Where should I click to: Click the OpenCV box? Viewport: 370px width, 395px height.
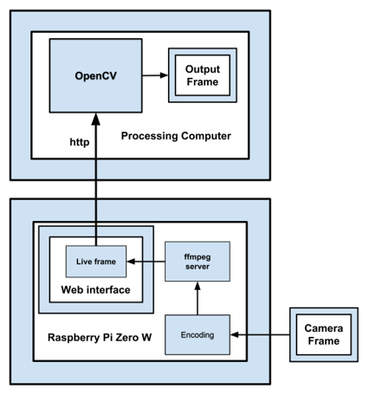point(95,75)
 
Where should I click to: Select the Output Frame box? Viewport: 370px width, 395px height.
point(203,75)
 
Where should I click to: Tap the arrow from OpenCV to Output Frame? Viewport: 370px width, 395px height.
point(155,75)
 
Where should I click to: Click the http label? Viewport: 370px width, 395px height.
point(80,142)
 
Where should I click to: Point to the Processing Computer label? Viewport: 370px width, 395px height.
point(176,136)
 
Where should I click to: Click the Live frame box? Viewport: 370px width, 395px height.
point(96,262)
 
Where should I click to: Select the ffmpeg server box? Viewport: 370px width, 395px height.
point(198,262)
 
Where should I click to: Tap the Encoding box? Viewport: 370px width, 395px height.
point(198,335)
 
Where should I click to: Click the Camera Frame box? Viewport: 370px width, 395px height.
point(324,334)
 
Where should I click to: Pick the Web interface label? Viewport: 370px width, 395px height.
point(95,289)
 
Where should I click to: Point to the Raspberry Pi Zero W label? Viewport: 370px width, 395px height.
point(100,337)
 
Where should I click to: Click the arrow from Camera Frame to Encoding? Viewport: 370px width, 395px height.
point(260,335)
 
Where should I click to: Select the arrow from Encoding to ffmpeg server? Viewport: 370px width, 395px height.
point(198,298)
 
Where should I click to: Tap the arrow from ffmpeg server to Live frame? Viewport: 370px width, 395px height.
point(146,262)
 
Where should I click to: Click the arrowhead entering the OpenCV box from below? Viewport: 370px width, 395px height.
point(96,119)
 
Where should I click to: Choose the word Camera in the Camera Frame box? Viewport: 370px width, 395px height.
point(324,328)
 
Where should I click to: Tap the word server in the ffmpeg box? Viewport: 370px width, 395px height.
point(198,267)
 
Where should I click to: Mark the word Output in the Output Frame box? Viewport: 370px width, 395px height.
point(203,69)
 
